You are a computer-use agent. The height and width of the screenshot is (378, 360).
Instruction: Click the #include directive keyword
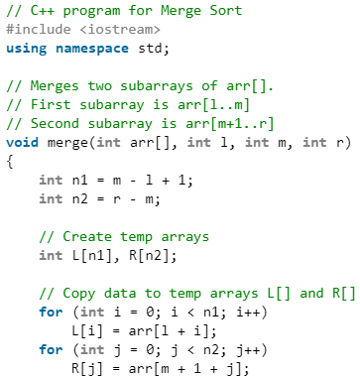[42, 29]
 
